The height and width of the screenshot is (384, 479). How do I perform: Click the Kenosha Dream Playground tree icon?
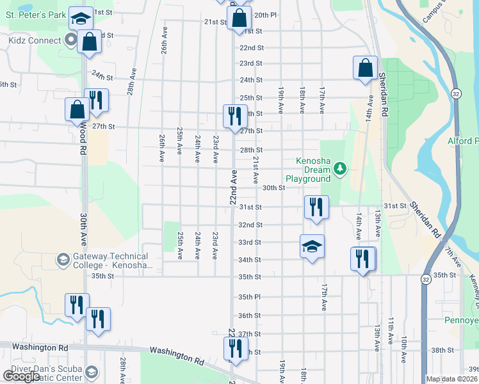pos(340,169)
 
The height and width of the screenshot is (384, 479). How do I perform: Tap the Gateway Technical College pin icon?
pos(63,259)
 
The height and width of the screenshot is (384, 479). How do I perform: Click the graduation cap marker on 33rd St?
pos(312,246)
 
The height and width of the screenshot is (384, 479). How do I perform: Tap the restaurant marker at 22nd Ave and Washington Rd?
pos(234,348)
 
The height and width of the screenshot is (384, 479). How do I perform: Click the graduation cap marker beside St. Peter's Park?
pos(80,19)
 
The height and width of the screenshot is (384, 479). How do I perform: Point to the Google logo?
pos(21,376)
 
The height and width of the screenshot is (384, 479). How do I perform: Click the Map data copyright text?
pos(452,379)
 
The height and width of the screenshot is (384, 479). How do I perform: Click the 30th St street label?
pos(273,188)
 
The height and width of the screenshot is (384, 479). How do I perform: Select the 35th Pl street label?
pos(249,297)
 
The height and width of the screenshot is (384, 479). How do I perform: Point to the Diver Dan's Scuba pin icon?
pos(91,372)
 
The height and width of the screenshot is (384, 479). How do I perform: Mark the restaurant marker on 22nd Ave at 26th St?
pos(234,116)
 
